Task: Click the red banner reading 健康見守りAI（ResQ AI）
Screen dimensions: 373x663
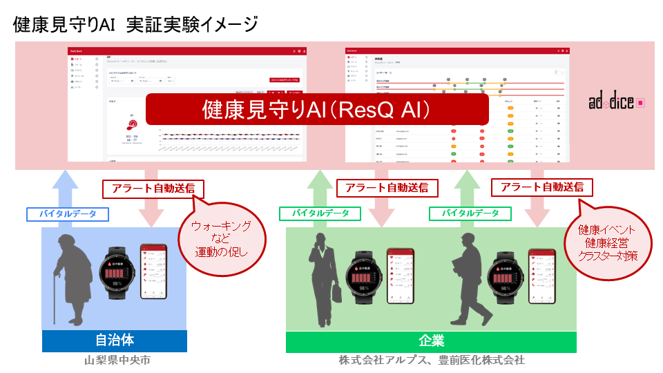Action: coord(317,109)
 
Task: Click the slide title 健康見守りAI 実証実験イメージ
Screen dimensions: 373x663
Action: coord(135,25)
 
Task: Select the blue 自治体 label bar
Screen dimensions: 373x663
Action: coord(114,341)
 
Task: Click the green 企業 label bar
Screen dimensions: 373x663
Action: coord(431,341)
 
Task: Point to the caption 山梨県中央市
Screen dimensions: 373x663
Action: coord(115,360)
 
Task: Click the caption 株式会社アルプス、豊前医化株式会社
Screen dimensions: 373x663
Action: coord(432,360)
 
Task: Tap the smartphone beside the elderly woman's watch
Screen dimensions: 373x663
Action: coord(153,271)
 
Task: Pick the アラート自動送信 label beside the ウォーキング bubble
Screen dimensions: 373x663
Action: coord(148,188)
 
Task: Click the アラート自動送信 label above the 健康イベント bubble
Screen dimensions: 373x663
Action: coord(541,186)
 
